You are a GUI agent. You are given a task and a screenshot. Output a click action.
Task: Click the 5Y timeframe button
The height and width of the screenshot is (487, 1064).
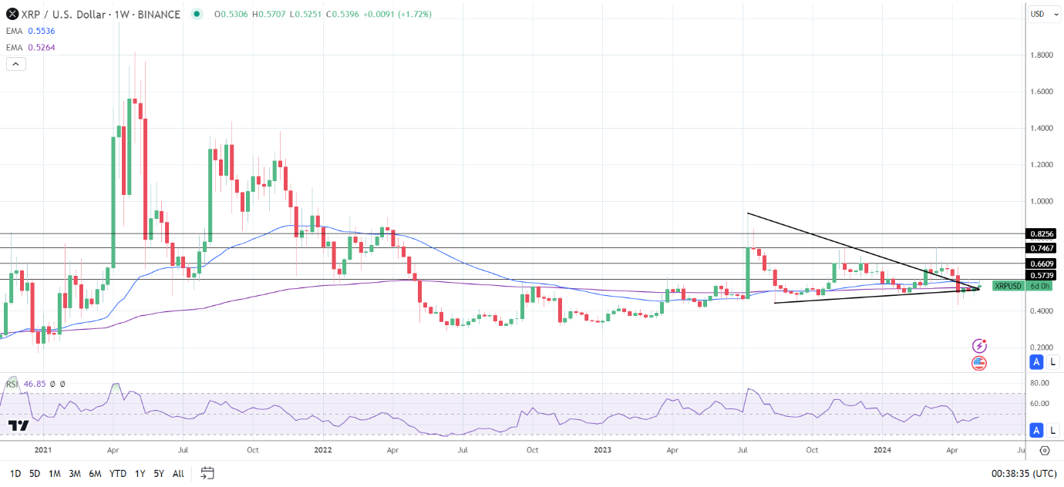157,473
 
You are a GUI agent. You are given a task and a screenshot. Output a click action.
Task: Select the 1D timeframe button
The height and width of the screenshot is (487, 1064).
15,473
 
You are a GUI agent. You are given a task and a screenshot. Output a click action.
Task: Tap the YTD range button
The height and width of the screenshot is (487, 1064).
118,473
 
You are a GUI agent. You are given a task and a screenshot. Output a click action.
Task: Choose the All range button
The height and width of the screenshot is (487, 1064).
178,473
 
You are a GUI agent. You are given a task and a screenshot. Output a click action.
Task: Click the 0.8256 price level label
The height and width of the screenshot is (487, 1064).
1041,233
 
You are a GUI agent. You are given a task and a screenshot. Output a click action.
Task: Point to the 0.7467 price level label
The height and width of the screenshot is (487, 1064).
1041,248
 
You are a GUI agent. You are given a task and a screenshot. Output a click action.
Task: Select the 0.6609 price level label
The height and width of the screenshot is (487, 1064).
1041,264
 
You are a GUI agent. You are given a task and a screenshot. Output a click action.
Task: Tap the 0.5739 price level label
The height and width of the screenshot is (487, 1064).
1041,275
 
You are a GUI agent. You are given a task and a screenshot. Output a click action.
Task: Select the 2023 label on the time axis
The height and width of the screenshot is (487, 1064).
603,451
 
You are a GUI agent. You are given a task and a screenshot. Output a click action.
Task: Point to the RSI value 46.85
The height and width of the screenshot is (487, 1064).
35,383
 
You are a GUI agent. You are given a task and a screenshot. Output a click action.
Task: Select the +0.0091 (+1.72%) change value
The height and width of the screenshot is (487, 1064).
402,14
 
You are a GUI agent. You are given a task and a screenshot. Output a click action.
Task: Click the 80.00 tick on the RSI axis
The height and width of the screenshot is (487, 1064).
1041,383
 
